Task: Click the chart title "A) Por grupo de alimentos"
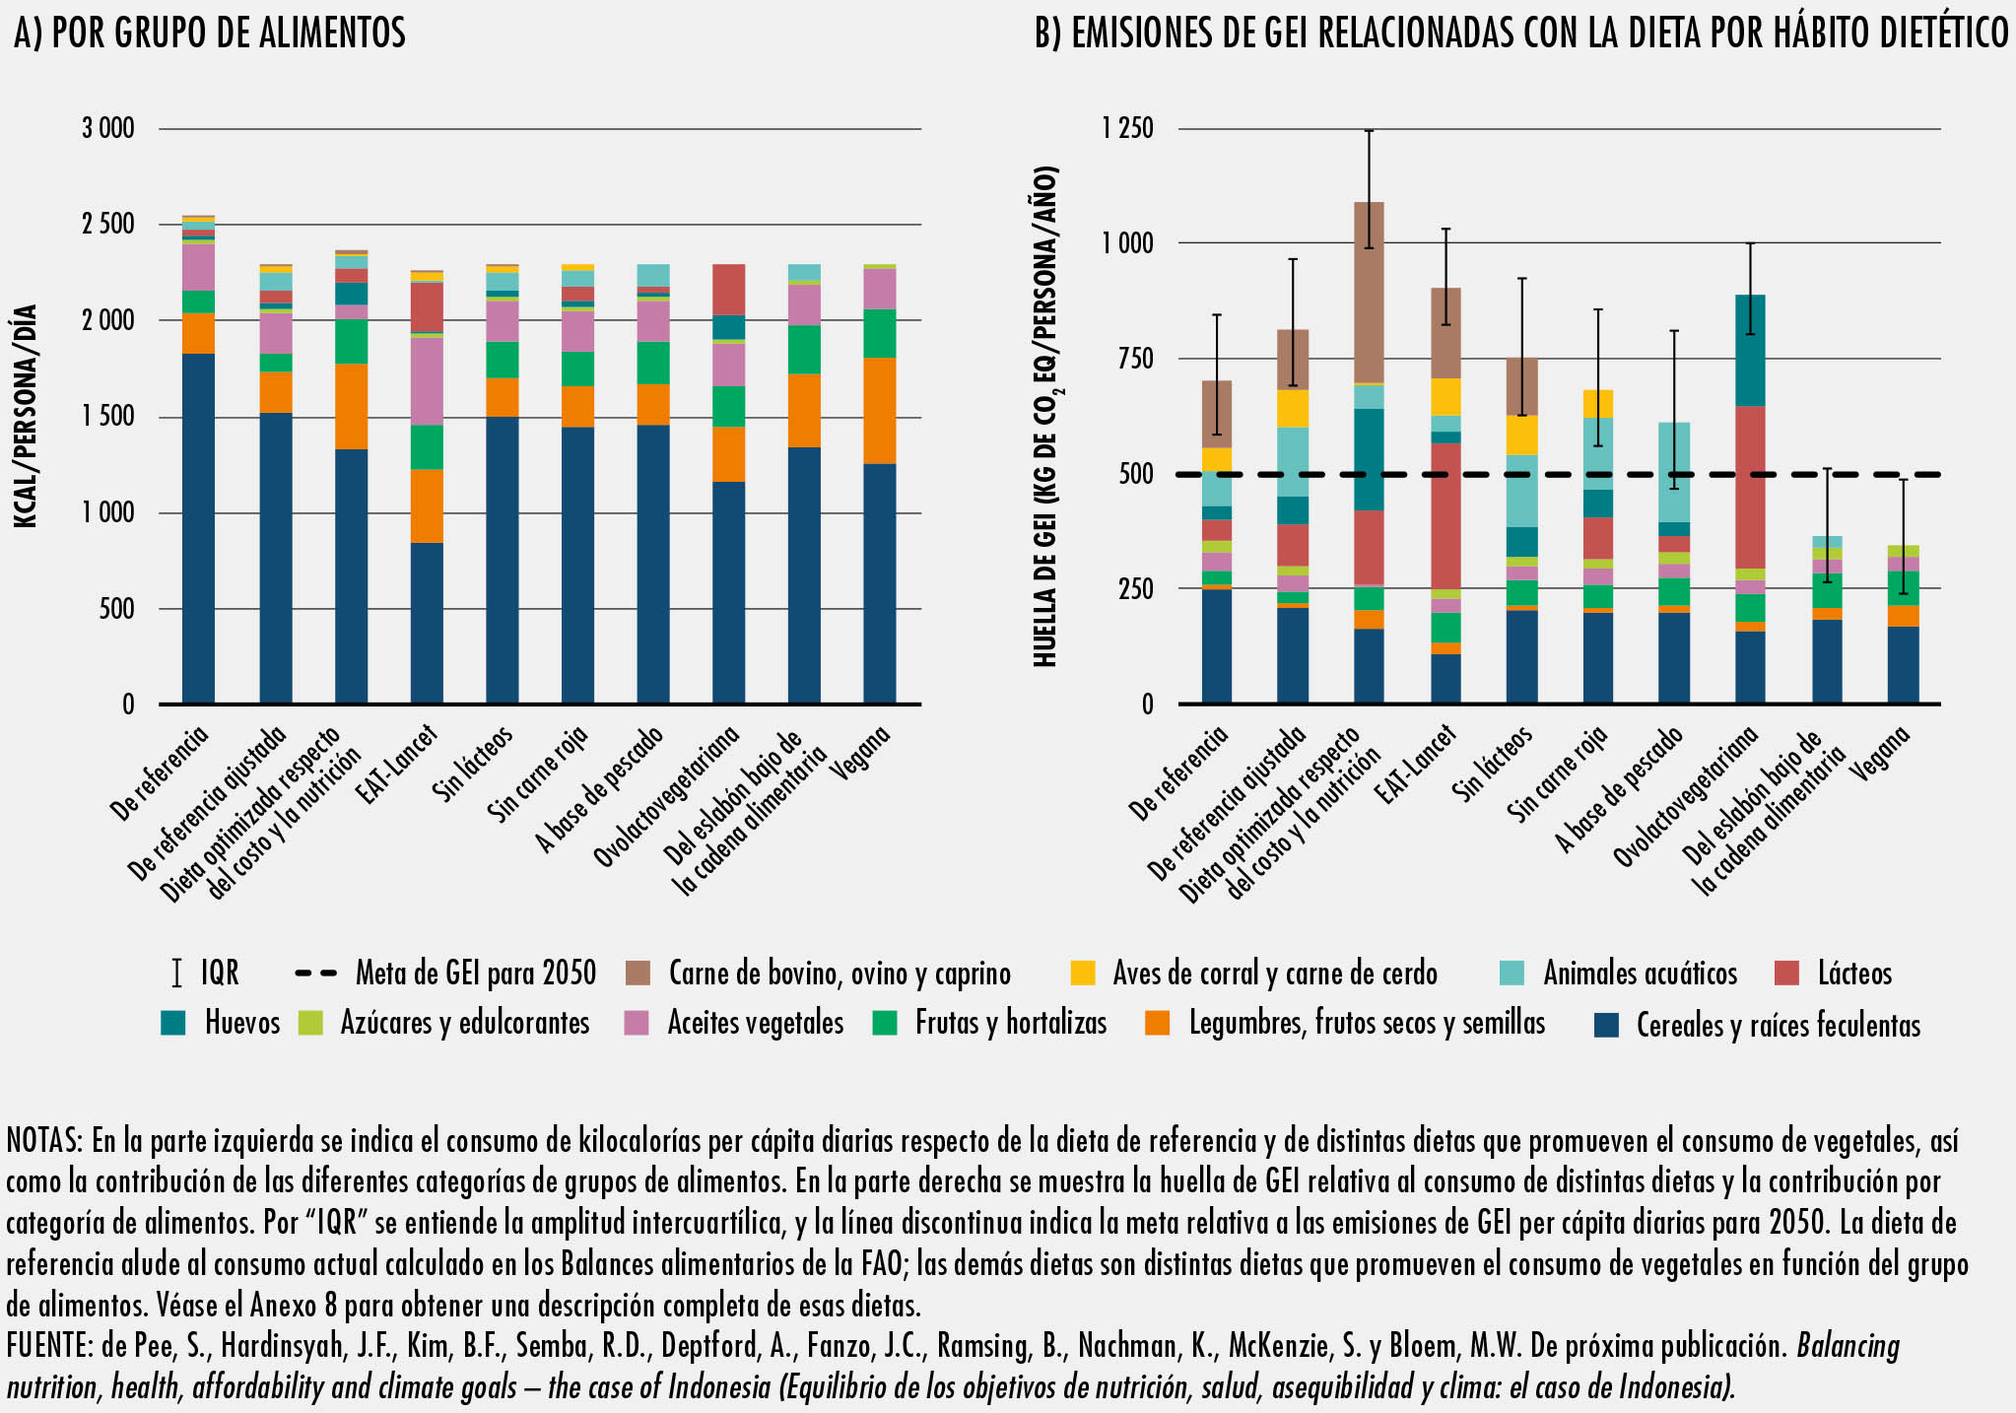(x=209, y=34)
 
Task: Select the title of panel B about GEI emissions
(x=1521, y=34)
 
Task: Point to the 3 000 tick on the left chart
(x=108, y=128)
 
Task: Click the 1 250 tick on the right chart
(x=1128, y=128)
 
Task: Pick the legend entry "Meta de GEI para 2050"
(x=475, y=973)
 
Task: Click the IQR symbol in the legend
(x=176, y=973)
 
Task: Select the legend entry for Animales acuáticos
(x=1640, y=973)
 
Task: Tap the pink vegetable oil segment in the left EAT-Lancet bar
(x=427, y=380)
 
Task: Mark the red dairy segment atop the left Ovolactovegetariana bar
(x=729, y=289)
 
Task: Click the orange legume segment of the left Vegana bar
(x=880, y=410)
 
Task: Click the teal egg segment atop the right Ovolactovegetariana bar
(x=1749, y=350)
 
